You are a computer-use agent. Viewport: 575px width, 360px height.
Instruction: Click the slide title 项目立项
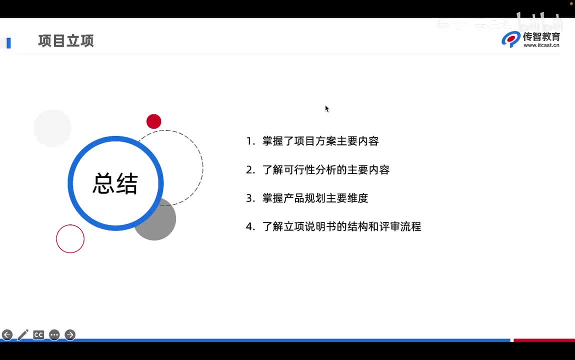(x=66, y=41)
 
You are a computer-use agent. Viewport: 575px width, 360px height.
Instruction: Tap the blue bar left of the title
(x=8, y=43)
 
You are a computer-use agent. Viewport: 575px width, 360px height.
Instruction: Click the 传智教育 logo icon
(x=511, y=39)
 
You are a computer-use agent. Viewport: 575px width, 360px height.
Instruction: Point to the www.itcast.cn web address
(x=541, y=45)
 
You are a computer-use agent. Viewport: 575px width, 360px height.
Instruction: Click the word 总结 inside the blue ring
(x=115, y=183)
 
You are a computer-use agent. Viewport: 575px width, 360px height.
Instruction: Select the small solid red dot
(x=154, y=121)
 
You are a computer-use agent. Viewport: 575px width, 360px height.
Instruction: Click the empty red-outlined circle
(x=70, y=238)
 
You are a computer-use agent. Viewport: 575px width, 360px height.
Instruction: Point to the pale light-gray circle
(x=52, y=128)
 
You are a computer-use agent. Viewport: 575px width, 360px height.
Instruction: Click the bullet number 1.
(x=250, y=141)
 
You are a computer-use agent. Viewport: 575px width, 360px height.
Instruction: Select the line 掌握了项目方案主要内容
(x=320, y=141)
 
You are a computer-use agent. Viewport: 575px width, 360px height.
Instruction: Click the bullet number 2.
(x=250, y=170)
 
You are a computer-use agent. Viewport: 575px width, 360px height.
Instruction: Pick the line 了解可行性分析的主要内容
(x=325, y=170)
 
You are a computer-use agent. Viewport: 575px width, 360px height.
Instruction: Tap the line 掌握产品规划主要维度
(x=315, y=198)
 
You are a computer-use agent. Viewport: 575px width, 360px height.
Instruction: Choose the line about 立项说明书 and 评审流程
(x=341, y=227)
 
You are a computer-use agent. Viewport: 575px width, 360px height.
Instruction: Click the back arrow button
(x=7, y=335)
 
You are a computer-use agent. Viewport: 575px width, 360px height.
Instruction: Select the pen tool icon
(x=23, y=335)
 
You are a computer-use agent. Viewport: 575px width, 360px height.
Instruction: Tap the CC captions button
(x=38, y=335)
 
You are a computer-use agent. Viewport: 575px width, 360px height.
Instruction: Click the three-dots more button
(x=54, y=335)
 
